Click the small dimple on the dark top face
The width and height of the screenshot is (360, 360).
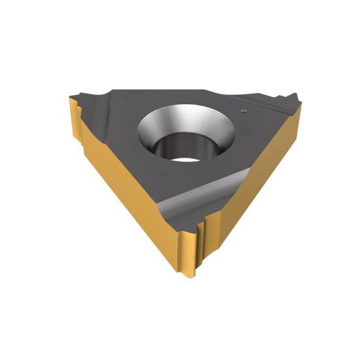click(x=243, y=111)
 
